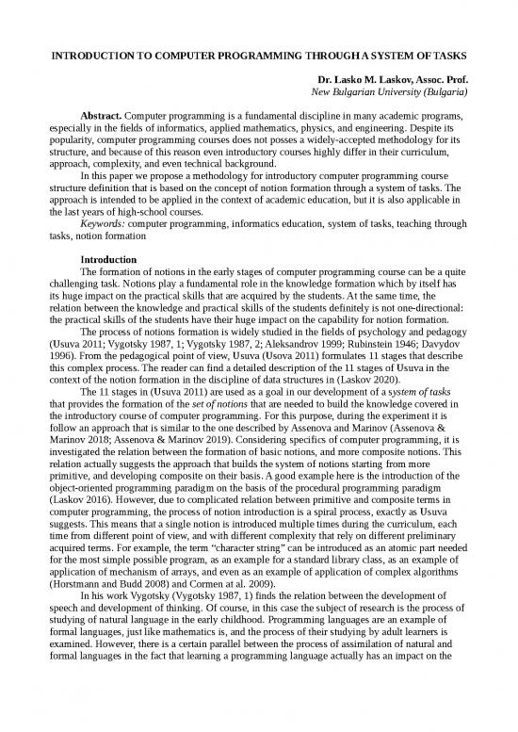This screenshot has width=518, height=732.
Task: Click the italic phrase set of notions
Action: pyautogui.click(x=191, y=411)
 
